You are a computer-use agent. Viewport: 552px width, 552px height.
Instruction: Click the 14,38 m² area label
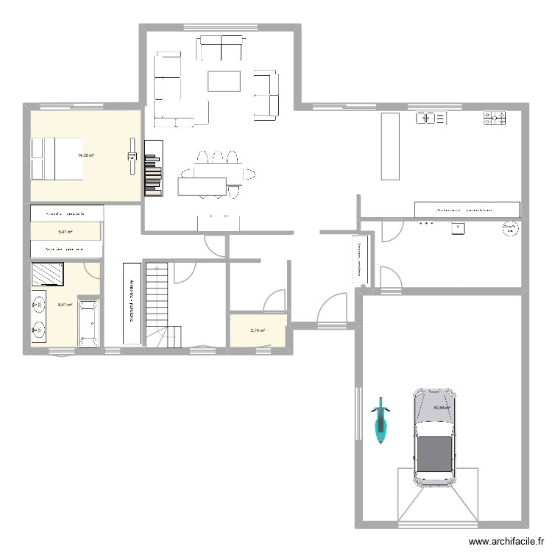[x=85, y=155]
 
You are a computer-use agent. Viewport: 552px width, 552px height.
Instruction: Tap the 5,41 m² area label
[x=66, y=232]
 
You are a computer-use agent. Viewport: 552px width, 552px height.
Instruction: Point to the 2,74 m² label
[x=258, y=330]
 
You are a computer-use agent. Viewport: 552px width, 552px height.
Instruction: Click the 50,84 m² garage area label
[x=442, y=408]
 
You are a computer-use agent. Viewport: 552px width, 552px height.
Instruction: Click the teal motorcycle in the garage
[x=380, y=422]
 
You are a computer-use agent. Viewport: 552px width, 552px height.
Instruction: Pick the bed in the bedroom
[x=56, y=158]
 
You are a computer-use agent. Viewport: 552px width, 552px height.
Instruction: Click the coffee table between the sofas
[x=224, y=81]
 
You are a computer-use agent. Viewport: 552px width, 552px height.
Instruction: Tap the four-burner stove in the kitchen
[x=494, y=118]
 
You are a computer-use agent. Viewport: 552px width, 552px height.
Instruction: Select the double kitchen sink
[x=431, y=118]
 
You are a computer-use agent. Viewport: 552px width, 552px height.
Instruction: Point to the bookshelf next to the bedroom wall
[x=153, y=169]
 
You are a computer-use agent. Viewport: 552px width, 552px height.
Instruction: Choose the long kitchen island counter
[x=389, y=146]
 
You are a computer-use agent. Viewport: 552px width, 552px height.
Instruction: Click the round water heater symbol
[x=509, y=229]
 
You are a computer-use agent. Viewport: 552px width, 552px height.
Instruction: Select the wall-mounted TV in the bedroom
[x=132, y=155]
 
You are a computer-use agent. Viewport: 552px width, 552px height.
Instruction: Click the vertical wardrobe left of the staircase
[x=132, y=302]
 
